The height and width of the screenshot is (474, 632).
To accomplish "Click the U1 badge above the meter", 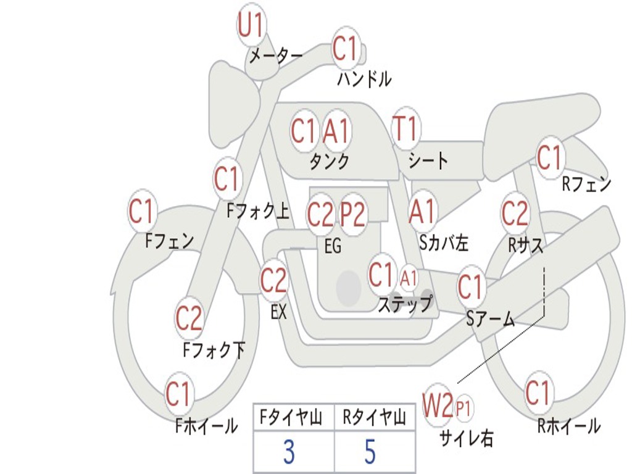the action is tap(251, 27).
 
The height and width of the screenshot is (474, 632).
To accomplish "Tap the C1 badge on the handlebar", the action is tap(346, 49).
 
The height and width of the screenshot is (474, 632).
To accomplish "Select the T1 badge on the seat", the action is tap(405, 130).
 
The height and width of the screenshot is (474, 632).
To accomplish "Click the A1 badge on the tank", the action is tap(336, 131).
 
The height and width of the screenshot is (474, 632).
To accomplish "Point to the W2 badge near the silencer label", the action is tap(438, 406).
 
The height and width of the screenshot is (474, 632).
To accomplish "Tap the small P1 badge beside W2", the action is tap(464, 407).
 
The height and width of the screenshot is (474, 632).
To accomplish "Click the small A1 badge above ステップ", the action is tap(409, 278).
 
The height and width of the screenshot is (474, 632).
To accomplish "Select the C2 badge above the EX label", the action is tap(273, 281).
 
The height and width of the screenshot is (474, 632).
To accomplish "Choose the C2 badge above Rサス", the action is tap(515, 214).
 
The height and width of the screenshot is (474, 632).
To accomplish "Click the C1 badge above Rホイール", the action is tap(538, 393).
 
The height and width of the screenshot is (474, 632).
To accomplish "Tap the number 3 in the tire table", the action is tap(289, 452).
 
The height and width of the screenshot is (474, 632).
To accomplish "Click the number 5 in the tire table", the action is tap(370, 452).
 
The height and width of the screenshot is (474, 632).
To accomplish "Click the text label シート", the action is tap(428, 161).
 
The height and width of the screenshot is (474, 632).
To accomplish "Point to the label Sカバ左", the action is tap(444, 243).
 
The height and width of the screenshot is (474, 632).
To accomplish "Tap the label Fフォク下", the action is tap(214, 351).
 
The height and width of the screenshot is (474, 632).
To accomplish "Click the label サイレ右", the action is tap(466, 438).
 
